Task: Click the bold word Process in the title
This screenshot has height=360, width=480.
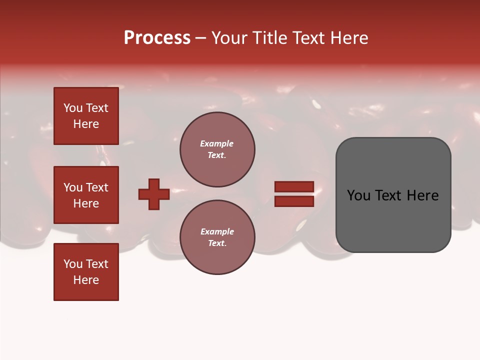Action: (157, 38)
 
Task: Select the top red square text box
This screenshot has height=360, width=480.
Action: (86, 116)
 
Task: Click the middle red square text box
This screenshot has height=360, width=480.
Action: (86, 195)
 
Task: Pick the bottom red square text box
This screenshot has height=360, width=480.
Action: (86, 272)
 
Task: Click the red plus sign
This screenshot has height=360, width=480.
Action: (154, 194)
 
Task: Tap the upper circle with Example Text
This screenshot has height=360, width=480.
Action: (217, 149)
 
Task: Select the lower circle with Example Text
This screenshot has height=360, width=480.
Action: (217, 237)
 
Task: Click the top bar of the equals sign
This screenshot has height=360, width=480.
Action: (294, 186)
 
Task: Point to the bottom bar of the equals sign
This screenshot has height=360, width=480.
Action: (294, 201)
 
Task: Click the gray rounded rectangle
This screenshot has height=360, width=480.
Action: (393, 220)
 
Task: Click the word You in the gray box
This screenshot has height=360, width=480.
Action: (359, 195)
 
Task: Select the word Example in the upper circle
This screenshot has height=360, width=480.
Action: (217, 143)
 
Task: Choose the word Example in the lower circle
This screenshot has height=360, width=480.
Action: (217, 231)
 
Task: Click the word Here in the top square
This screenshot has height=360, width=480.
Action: (86, 124)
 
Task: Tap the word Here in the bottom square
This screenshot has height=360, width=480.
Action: (86, 280)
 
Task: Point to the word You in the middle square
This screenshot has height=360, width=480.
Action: (73, 187)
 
